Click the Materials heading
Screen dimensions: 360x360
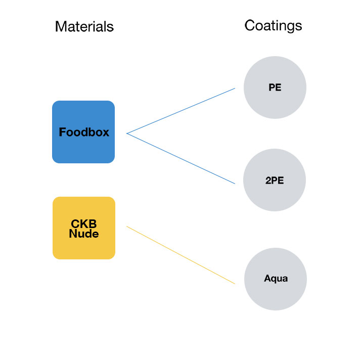pyautogui.click(x=84, y=26)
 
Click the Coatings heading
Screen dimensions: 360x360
pyautogui.click(x=273, y=26)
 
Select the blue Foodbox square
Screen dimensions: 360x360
pyautogui.click(x=83, y=132)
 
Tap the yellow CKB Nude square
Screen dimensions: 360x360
pyautogui.click(x=84, y=228)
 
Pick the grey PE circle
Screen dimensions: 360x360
pyautogui.click(x=275, y=87)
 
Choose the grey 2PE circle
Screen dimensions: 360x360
pyautogui.click(x=275, y=180)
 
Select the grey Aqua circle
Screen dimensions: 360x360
pyautogui.click(x=276, y=279)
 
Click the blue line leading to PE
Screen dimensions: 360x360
pyautogui.click(x=181, y=111)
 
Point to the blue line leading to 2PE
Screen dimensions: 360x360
pyautogui.click(x=181, y=158)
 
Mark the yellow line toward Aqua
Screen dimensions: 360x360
pyautogui.click(x=181, y=255)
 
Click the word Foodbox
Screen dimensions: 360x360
pyautogui.click(x=84, y=132)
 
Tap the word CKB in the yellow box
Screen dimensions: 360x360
pyautogui.click(x=84, y=223)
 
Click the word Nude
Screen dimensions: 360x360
pyautogui.click(x=84, y=234)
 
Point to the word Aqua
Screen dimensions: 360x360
pyautogui.click(x=276, y=279)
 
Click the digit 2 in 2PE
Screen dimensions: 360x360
pyautogui.click(x=268, y=181)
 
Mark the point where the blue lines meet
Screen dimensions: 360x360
pyautogui.click(x=127, y=133)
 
